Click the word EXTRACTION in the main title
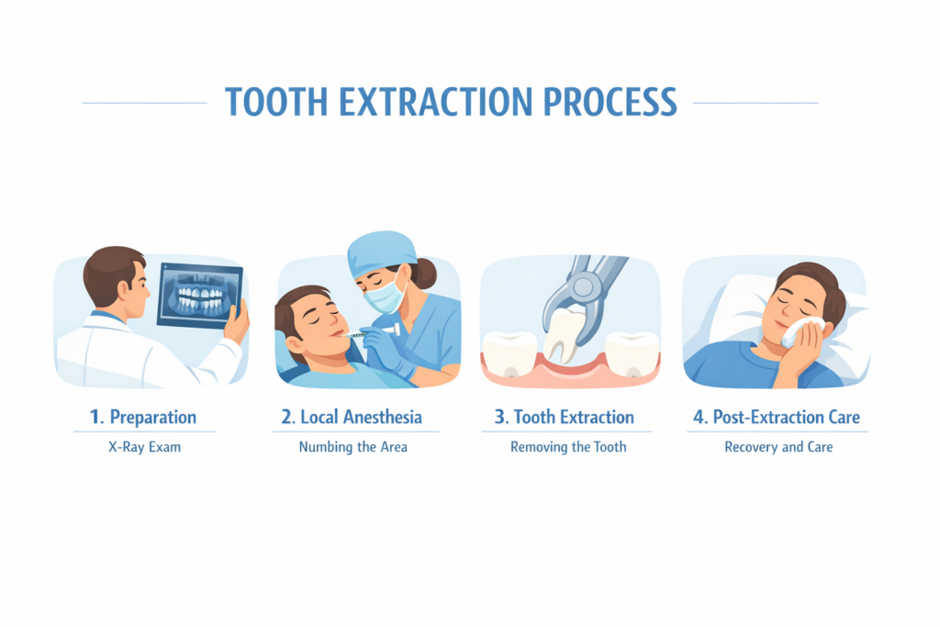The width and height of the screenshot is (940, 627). click(435, 102)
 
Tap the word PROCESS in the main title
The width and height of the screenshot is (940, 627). click(610, 102)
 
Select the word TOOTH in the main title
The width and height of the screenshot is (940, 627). click(276, 102)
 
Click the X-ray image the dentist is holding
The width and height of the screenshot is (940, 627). click(199, 296)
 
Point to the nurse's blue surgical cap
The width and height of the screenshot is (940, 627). click(382, 253)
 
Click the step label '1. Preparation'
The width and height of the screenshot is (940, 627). click(143, 417)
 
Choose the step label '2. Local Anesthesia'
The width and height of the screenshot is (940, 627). click(352, 417)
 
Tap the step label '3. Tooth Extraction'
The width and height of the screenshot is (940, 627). click(565, 417)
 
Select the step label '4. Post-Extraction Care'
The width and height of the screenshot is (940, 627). click(777, 417)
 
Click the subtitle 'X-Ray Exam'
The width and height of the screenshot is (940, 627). click(144, 446)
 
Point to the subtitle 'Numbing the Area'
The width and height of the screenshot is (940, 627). click(353, 446)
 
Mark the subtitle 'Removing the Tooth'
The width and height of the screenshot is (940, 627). click(568, 446)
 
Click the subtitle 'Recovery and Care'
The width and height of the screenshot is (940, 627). click(778, 446)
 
